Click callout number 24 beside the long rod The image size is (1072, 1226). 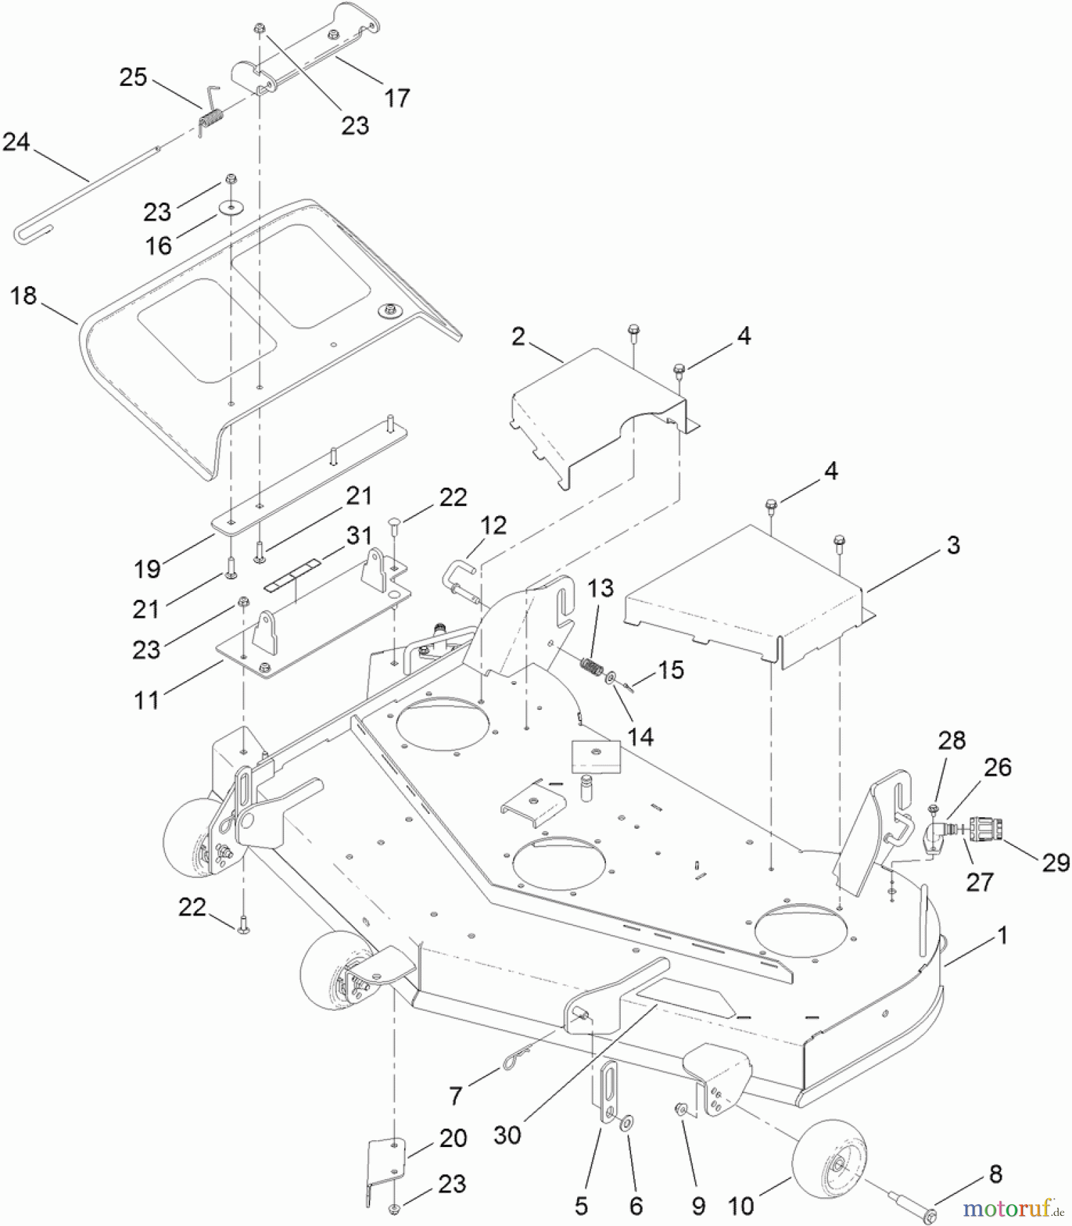16,142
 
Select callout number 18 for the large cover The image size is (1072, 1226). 23,296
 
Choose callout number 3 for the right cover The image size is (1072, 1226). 953,545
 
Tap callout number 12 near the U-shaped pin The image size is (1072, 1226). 493,525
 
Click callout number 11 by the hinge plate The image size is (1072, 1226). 147,700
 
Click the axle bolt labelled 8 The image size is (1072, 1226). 913,1203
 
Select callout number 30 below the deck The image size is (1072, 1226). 507,1135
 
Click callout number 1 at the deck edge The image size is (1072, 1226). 1002,935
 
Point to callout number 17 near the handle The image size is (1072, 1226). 397,98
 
